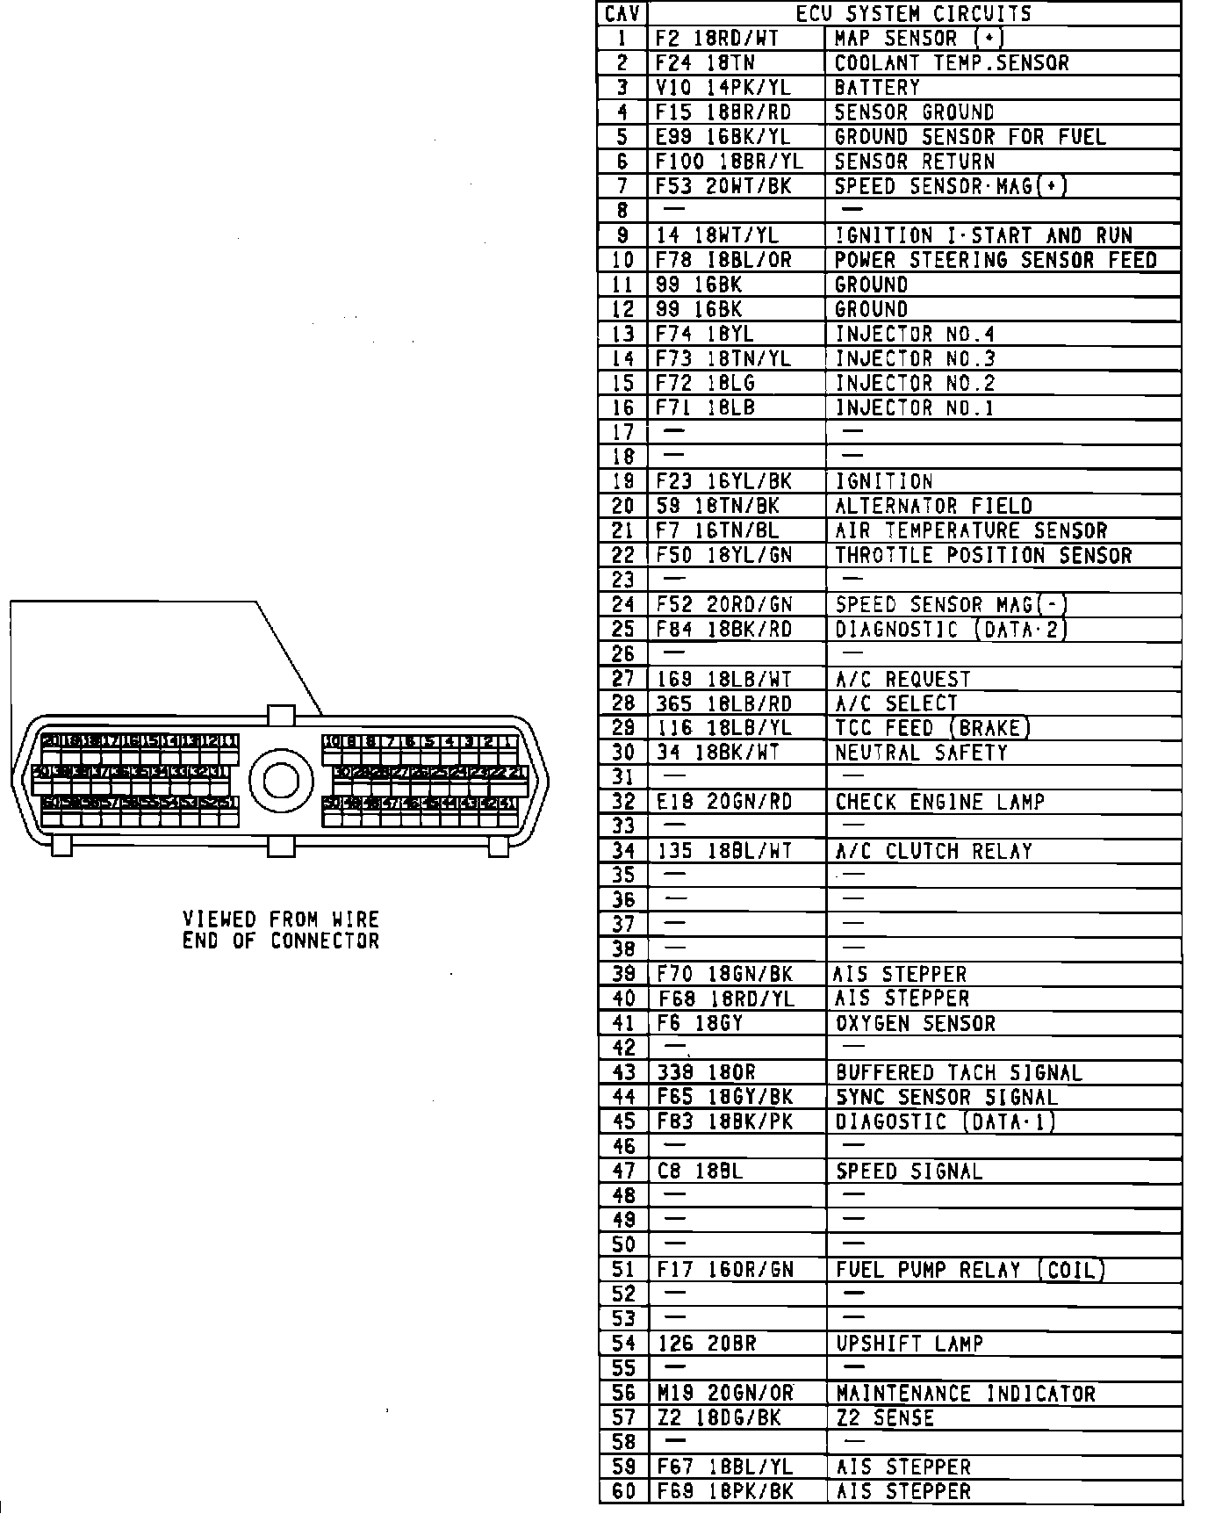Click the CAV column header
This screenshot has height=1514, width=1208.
623,14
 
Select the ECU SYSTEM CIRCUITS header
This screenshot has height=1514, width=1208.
913,14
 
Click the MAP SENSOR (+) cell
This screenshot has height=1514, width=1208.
918,39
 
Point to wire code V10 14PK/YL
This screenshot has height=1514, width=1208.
723,88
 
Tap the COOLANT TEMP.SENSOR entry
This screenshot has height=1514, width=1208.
952,63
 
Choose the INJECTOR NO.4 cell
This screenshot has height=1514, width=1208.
915,335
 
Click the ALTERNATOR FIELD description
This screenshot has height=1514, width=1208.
933,507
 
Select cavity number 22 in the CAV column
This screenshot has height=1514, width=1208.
623,556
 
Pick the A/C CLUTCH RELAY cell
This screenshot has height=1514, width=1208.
933,852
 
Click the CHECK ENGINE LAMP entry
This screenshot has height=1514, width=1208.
939,803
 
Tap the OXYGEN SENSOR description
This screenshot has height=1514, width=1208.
916,1024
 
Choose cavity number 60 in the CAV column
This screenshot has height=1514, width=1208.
623,1492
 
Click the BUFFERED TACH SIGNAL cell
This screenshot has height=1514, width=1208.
959,1073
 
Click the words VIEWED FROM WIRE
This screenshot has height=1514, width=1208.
281,919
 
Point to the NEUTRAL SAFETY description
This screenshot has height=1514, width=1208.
921,753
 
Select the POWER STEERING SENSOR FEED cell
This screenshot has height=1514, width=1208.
996,261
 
